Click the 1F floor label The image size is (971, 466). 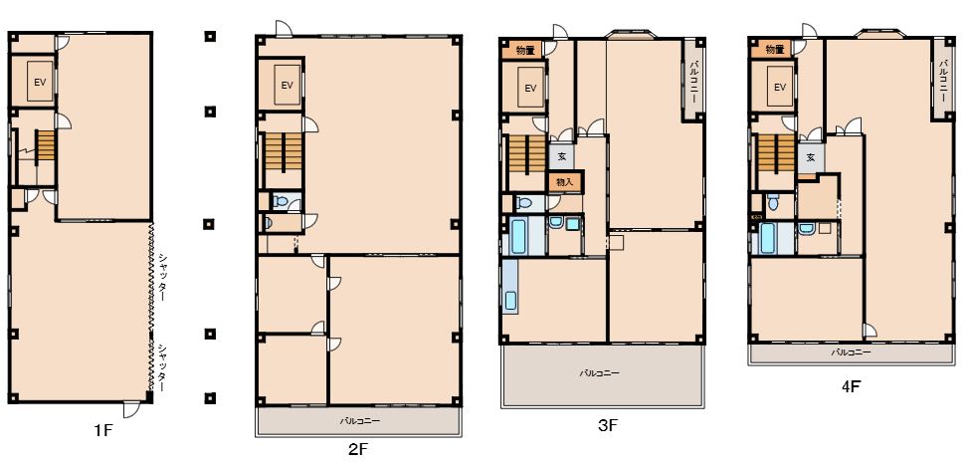coord(103,430)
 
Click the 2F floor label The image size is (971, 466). coord(357,449)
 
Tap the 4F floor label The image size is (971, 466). coord(851,386)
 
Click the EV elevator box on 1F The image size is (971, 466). coord(40,82)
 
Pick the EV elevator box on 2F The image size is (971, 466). coord(287,85)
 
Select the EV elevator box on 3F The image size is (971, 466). coord(530,88)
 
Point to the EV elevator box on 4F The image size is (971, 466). coord(780,87)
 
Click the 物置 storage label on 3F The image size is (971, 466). coord(524,50)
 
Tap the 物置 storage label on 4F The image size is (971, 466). coord(775,49)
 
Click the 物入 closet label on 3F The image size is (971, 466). coord(564,182)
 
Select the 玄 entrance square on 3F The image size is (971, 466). coord(562,156)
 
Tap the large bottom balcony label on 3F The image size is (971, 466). coord(600,373)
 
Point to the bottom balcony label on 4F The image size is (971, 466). coord(851,352)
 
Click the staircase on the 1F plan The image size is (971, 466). coord(45,145)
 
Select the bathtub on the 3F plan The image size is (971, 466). coord(518,235)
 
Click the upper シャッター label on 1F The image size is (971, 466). coord(162,277)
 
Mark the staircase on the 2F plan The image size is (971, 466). coord(283,151)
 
